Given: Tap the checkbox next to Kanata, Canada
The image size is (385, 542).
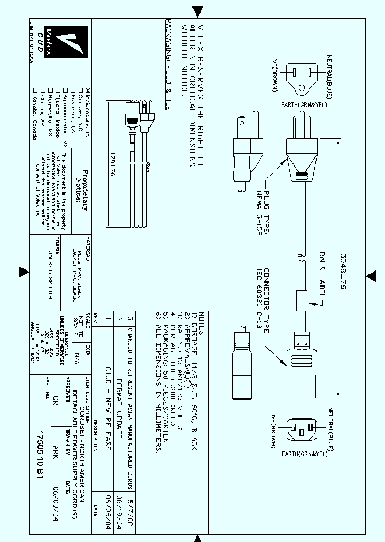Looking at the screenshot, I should point(35,89).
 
